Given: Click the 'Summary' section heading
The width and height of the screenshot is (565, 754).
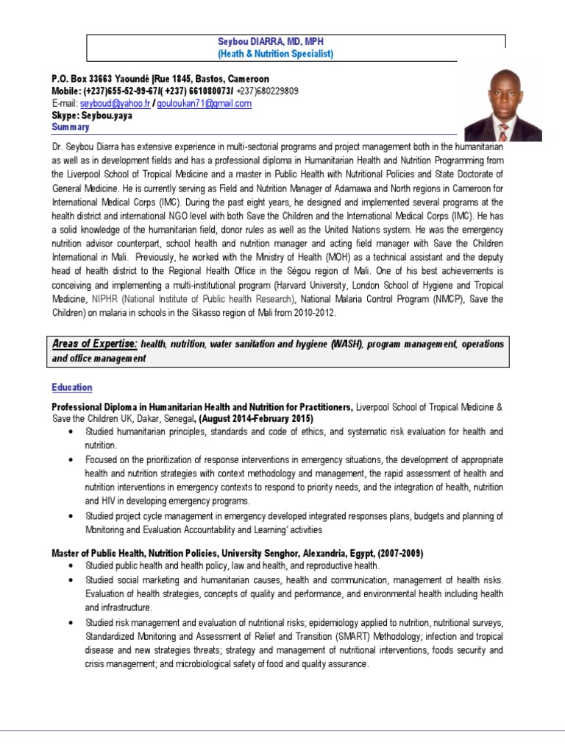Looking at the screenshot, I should point(70,127).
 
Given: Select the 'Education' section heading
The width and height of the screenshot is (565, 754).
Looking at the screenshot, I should point(72,387).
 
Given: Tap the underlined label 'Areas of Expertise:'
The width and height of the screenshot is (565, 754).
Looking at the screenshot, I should point(94,344).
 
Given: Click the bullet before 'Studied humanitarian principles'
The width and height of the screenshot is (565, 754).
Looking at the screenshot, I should point(70,431).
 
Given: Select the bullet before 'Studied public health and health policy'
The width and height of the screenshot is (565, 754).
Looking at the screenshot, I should point(70,565).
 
